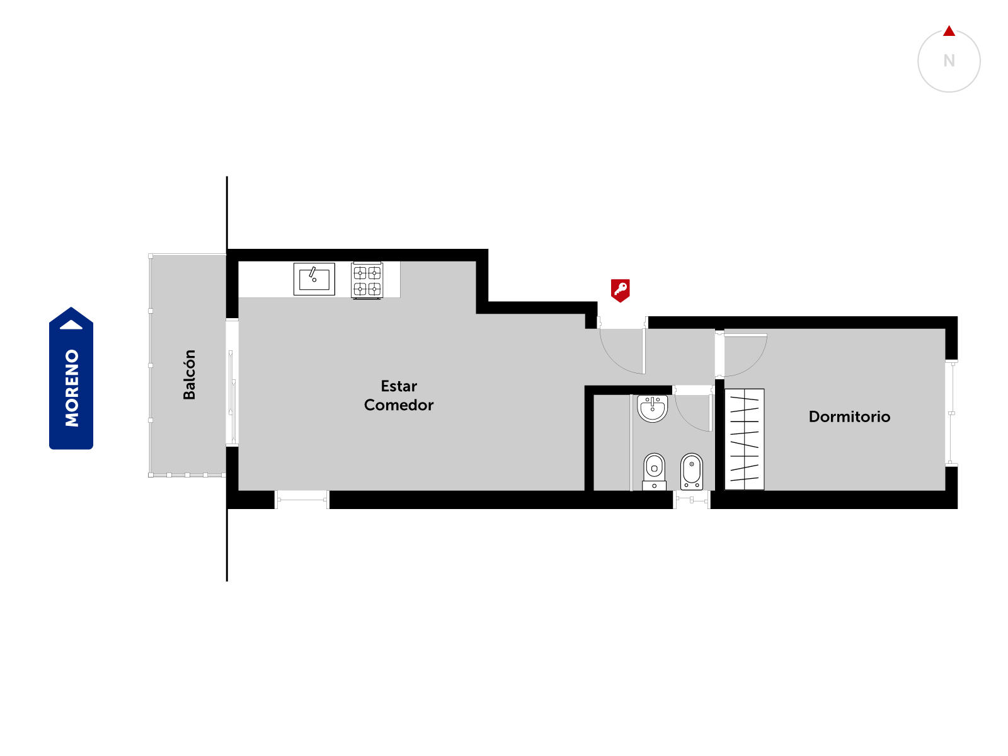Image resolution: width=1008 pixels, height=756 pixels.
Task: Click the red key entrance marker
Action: [x=620, y=290]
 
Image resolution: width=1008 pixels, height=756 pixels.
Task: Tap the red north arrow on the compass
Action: [x=949, y=31]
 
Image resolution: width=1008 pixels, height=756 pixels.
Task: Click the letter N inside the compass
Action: [x=949, y=60]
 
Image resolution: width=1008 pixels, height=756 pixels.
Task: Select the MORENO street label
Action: [x=72, y=388]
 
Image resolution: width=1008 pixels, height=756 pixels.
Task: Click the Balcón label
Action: [x=189, y=375]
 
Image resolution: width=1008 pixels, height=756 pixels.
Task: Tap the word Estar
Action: [x=399, y=386]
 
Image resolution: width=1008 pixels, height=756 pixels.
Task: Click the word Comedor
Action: [x=399, y=405]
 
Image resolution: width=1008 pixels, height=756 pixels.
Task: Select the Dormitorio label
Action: [x=849, y=416]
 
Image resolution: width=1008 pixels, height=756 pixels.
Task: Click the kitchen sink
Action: [x=314, y=278]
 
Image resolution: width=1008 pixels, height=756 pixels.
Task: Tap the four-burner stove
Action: [x=367, y=280]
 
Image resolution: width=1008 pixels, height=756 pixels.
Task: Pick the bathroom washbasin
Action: [x=652, y=408]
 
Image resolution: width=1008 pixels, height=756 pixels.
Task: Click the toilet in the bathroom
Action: [x=654, y=471]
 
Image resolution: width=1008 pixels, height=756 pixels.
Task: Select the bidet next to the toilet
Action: [x=691, y=471]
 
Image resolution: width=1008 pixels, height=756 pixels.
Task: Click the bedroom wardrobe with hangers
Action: [x=744, y=439]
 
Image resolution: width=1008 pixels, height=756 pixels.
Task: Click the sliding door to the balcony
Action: [x=232, y=397]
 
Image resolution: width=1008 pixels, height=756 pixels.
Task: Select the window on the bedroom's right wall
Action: [x=951, y=413]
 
